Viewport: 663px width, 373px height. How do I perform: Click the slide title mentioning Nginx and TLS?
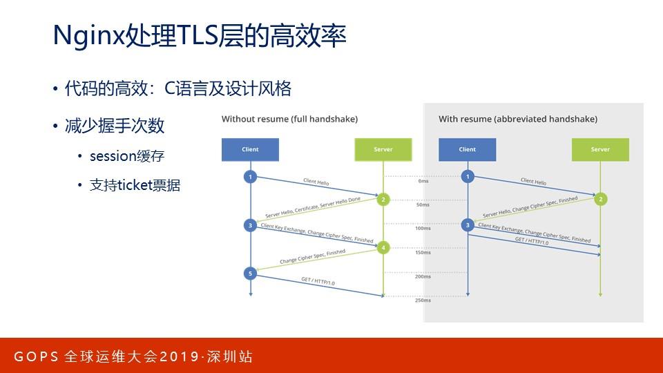click(x=199, y=37)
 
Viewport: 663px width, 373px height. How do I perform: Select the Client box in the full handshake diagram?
click(x=250, y=149)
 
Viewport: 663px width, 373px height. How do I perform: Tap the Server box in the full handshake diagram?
click(x=383, y=149)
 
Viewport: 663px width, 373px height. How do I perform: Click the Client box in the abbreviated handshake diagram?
click(x=467, y=149)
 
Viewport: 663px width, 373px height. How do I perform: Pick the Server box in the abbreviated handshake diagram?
click(x=600, y=149)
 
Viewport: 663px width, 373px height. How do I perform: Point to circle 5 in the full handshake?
click(x=250, y=274)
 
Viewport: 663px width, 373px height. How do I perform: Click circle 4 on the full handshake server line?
click(x=383, y=247)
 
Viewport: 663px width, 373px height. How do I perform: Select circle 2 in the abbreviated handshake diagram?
click(x=600, y=199)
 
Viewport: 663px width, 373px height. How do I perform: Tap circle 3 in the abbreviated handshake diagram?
click(x=467, y=224)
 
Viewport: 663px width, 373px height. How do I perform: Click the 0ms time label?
click(x=423, y=181)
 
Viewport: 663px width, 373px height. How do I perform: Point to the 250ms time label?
click(x=423, y=300)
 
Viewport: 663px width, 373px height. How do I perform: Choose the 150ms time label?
click(x=423, y=253)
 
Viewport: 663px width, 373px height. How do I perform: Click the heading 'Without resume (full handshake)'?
click(x=289, y=119)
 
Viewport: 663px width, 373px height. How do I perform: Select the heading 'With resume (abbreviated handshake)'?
click(x=518, y=119)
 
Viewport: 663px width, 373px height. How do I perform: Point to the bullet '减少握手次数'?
click(x=114, y=126)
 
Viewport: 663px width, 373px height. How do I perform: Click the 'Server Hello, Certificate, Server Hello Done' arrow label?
click(x=312, y=210)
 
